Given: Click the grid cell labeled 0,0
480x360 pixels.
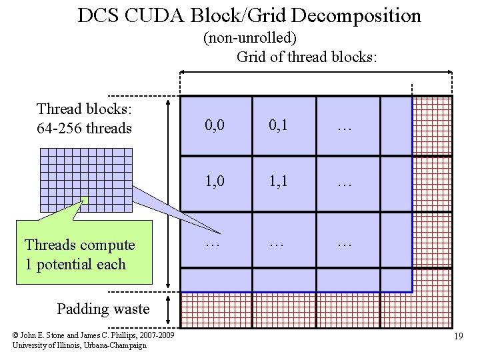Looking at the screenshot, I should [215, 125].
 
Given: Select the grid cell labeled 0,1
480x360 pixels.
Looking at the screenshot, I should [279, 125].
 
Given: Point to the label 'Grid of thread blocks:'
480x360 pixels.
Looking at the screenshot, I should [307, 57].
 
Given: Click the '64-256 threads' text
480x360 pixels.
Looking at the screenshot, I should [84, 128].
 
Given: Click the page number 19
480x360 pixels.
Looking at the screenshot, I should [458, 337].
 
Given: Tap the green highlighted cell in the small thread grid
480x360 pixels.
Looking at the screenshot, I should [85, 199].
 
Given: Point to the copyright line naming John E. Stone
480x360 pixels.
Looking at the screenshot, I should [93, 335].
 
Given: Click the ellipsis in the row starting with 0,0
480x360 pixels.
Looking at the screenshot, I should [344, 125].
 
